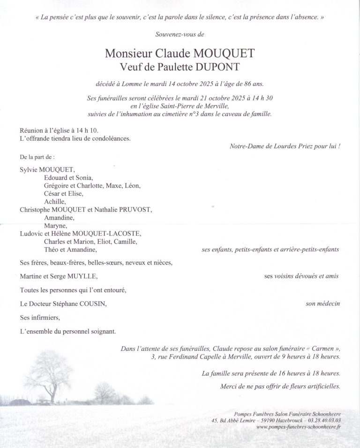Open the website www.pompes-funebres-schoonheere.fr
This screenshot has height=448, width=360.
(299, 428)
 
